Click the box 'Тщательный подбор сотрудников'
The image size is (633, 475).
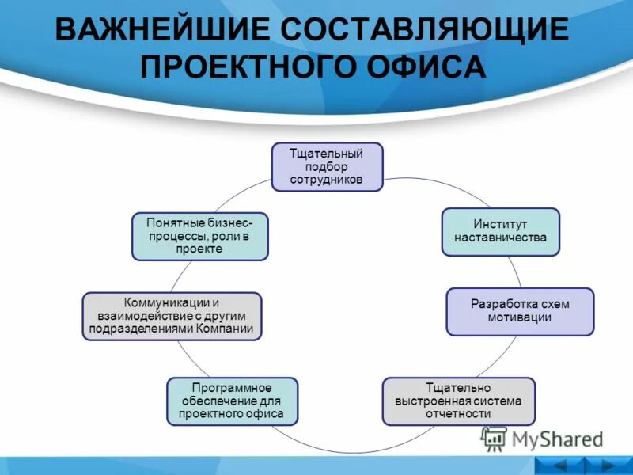click(x=328, y=166)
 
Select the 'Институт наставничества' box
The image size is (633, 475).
click(x=500, y=231)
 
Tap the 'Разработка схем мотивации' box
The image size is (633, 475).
click(x=520, y=311)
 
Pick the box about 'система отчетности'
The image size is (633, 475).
click(x=458, y=401)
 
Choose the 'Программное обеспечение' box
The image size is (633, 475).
click(x=232, y=401)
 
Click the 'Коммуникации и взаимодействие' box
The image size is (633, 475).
click(x=172, y=316)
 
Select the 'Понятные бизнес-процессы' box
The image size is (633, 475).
click(x=199, y=236)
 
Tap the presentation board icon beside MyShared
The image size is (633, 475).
click(x=494, y=439)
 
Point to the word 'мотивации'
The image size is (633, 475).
click(x=520, y=317)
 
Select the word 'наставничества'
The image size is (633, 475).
click(x=500, y=237)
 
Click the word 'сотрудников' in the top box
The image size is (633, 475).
click(x=328, y=180)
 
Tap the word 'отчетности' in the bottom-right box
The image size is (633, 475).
click(x=458, y=413)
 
